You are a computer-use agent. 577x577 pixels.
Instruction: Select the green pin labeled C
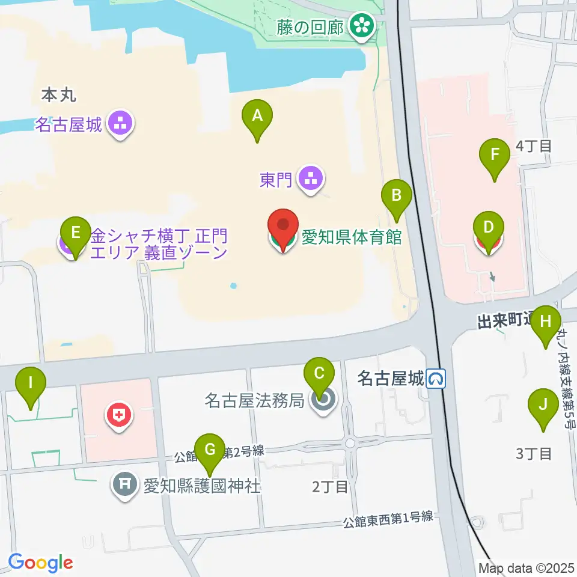(x=319, y=376)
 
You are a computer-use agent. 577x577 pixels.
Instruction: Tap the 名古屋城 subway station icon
(x=436, y=378)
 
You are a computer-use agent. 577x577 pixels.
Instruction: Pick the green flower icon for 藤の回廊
(x=363, y=25)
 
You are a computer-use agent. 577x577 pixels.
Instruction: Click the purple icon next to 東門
(x=310, y=179)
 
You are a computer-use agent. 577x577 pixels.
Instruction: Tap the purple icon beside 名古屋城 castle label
(x=121, y=125)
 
